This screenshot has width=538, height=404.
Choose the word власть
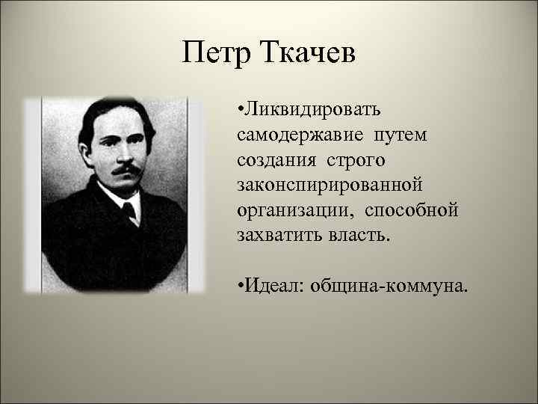pos(359,234)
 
